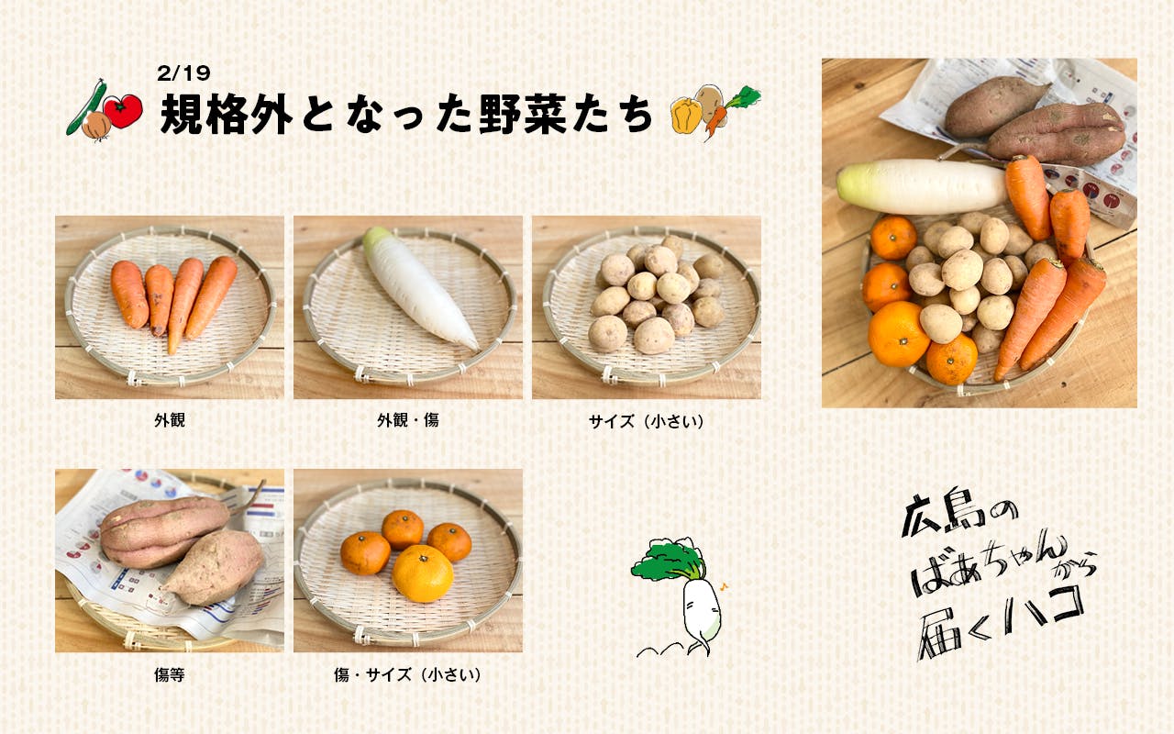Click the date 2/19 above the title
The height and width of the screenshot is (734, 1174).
click(183, 72)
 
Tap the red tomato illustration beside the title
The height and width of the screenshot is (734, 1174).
click(124, 111)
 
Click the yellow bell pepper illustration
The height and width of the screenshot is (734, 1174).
click(685, 115)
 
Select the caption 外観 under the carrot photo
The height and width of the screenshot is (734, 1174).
click(170, 420)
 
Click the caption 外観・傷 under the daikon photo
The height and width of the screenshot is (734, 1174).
click(408, 420)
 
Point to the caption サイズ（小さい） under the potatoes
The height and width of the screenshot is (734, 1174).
click(647, 421)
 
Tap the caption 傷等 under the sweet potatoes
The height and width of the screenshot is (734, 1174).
click(170, 674)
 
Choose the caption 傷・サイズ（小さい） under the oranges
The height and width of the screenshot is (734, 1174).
click(408, 674)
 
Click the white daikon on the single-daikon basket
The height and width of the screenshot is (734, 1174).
click(419, 287)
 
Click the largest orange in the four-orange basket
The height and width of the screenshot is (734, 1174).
click(423, 573)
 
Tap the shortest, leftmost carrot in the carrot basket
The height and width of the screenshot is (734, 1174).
click(129, 295)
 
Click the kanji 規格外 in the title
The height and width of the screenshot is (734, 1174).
click(227, 114)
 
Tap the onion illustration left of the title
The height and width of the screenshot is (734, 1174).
click(96, 127)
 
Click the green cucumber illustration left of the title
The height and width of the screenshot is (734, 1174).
click(85, 108)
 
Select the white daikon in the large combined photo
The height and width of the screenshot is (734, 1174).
click(923, 186)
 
